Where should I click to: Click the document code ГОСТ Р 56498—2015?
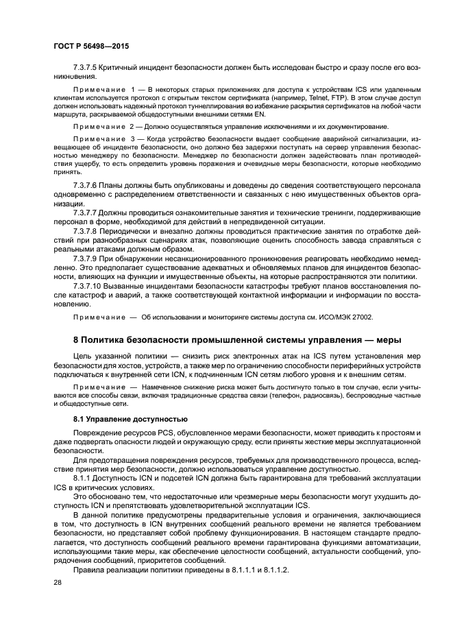[x=90, y=47]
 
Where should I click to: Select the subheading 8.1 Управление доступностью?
[x=126, y=419]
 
